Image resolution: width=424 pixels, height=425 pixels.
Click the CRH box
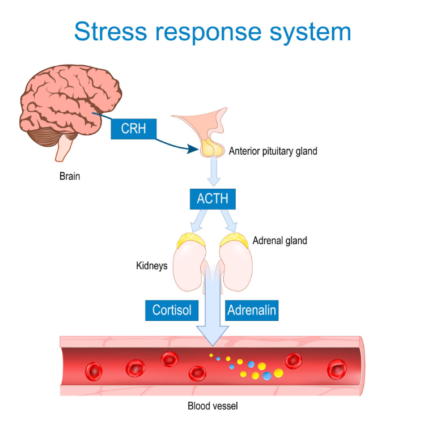(134, 129)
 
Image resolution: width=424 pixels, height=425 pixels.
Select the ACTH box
(213, 199)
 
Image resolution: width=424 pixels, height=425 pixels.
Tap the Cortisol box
(172, 311)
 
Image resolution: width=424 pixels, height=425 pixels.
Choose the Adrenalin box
(252, 311)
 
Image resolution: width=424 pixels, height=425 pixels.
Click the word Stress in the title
(111, 32)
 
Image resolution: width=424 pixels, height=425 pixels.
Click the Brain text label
(70, 176)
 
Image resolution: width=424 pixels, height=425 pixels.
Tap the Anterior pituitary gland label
(273, 151)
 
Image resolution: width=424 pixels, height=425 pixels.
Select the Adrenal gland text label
(280, 241)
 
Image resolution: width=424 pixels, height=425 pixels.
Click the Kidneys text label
(151, 266)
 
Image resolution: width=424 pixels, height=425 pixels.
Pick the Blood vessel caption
(213, 406)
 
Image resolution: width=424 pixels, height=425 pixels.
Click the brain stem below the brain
(63, 149)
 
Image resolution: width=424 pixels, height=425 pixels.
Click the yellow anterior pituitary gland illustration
(212, 148)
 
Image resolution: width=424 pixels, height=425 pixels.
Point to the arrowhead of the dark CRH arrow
(193, 149)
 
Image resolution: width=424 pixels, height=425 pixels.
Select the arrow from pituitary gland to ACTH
(214, 171)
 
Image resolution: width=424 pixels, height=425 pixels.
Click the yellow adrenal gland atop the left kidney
(191, 239)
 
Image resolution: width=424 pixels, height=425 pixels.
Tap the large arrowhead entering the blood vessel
(213, 336)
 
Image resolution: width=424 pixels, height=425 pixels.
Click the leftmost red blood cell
(94, 371)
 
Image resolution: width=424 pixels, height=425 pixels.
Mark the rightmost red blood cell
(337, 369)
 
